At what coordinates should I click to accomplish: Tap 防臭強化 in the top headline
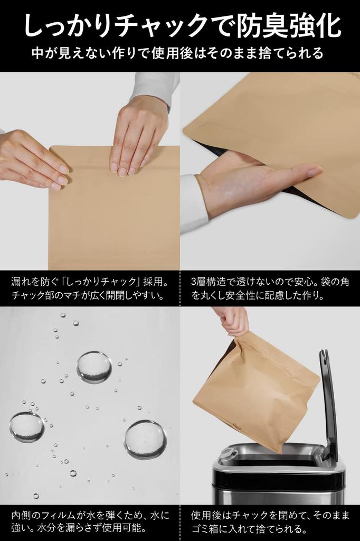point(288,26)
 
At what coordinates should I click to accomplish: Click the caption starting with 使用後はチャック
point(269,520)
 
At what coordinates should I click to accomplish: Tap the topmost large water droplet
point(94,367)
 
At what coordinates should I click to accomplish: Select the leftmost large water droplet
point(26,427)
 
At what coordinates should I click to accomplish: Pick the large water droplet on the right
point(145,440)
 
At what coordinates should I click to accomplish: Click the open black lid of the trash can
point(328,402)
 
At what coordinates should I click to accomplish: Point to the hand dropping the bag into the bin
point(232,320)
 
